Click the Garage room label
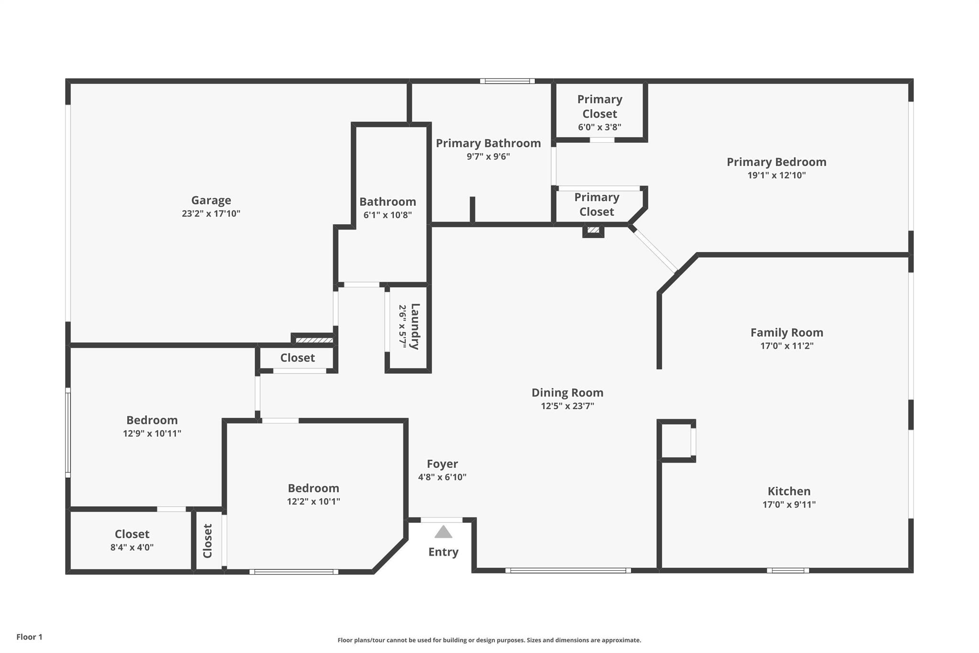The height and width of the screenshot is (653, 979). pyautogui.click(x=211, y=200)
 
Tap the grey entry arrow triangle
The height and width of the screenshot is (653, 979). pyautogui.click(x=443, y=532)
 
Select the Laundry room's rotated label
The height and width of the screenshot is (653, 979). pyautogui.click(x=415, y=326)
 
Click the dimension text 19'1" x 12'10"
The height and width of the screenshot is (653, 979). pyautogui.click(x=776, y=176)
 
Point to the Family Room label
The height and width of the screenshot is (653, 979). pyautogui.click(x=786, y=332)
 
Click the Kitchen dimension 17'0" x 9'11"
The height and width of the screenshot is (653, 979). pyautogui.click(x=789, y=504)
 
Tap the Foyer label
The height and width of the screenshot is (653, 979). pyautogui.click(x=442, y=464)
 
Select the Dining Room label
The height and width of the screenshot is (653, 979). pyautogui.click(x=567, y=393)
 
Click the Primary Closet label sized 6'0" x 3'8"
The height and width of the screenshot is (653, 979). pyautogui.click(x=599, y=107)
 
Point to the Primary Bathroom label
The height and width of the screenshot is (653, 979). pyautogui.click(x=488, y=143)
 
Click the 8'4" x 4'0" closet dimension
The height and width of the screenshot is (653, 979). pyautogui.click(x=132, y=547)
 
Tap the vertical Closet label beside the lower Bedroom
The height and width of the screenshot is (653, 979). pyautogui.click(x=207, y=541)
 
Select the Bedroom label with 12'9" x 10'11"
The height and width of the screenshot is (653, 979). pyautogui.click(x=152, y=420)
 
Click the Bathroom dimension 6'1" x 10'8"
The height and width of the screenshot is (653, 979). pyautogui.click(x=387, y=215)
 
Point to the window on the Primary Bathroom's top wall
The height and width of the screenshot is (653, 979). pyautogui.click(x=507, y=81)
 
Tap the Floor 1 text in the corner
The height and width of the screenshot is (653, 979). pyautogui.click(x=29, y=637)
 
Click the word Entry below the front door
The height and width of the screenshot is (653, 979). pyautogui.click(x=443, y=552)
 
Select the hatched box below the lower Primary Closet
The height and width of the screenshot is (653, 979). pyautogui.click(x=593, y=230)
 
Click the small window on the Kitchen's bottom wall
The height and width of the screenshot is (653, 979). pyautogui.click(x=788, y=570)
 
